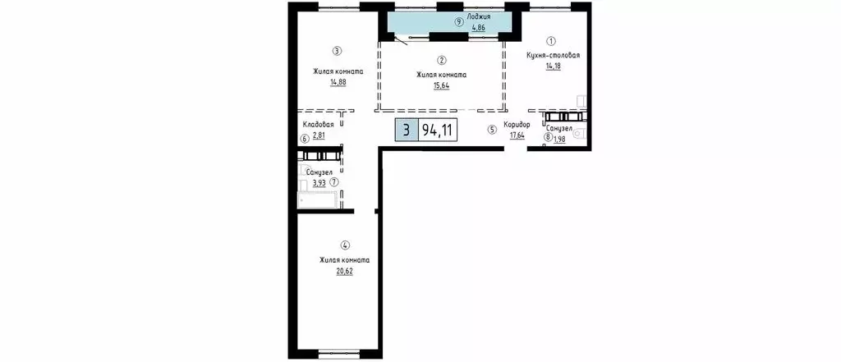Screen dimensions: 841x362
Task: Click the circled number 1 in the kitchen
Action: (x=551, y=40)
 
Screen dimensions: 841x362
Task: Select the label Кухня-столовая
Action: (x=553, y=55)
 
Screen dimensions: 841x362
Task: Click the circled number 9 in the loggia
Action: (x=458, y=22)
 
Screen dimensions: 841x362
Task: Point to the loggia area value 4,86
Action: (x=479, y=27)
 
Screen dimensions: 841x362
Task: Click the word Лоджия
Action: (x=479, y=16)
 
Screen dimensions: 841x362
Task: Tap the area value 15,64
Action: (x=441, y=85)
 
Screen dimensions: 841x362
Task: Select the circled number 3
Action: (x=337, y=52)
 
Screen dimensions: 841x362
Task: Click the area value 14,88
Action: (x=338, y=82)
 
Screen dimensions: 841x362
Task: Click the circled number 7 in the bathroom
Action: (x=334, y=181)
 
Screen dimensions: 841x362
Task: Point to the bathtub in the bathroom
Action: (x=319, y=201)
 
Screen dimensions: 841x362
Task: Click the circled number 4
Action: (x=345, y=245)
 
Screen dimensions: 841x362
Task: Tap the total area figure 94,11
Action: (x=437, y=131)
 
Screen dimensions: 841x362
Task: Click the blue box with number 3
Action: (x=407, y=131)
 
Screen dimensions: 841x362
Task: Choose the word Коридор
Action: (x=517, y=125)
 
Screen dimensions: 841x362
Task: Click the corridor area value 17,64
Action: (x=517, y=135)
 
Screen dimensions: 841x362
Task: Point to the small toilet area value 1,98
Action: (x=560, y=137)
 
